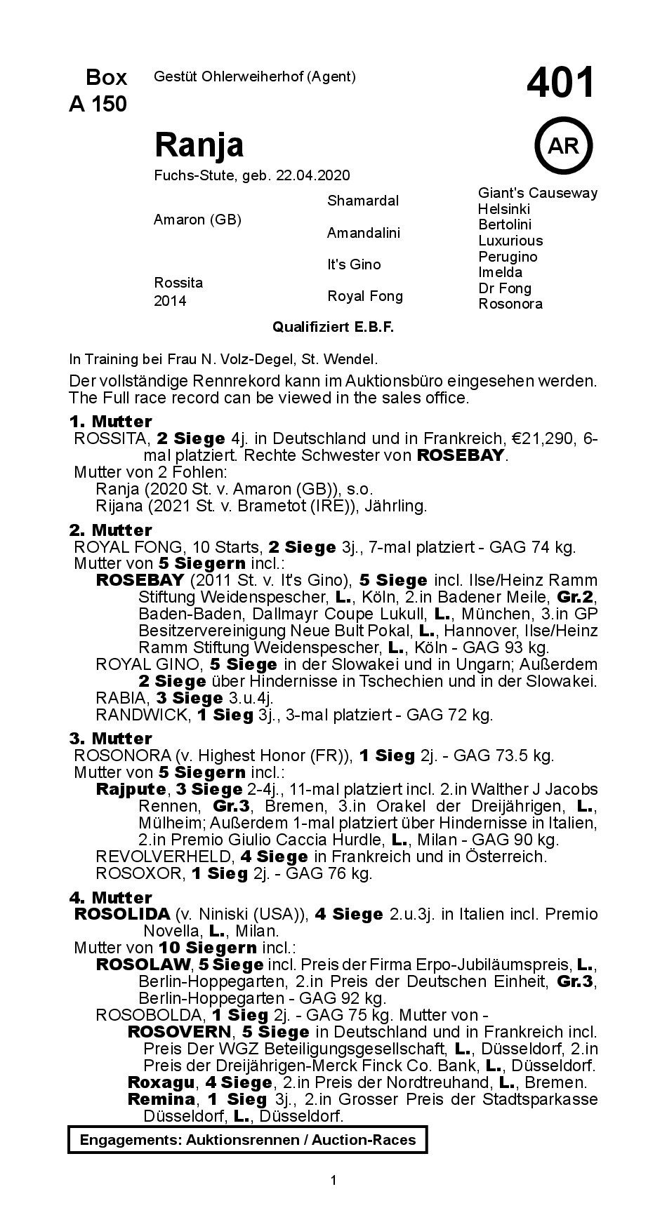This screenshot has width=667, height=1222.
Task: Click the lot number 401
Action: [560, 83]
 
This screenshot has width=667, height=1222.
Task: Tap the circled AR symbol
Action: [562, 146]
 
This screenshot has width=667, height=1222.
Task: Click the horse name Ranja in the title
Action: [199, 145]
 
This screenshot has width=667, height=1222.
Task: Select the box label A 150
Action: [98, 104]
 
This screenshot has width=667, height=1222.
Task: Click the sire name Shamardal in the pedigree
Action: [362, 201]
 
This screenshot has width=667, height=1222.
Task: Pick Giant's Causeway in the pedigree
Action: [537, 192]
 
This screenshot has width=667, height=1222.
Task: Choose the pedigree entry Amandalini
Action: [363, 233]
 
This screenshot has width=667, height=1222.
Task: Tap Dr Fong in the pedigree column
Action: [504, 288]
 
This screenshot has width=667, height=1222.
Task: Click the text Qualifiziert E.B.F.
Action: [333, 328]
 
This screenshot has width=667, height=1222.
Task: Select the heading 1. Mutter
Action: [110, 422]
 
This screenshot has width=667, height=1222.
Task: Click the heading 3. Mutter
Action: [110, 739]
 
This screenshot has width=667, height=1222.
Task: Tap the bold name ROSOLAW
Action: [143, 965]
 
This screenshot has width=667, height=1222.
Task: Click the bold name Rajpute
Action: [124, 789]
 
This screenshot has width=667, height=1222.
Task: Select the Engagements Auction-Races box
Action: [247, 1140]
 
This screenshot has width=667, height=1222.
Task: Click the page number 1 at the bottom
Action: [333, 1181]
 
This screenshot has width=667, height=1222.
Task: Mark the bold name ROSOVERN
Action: [179, 1032]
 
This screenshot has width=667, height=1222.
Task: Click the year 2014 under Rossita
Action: [170, 301]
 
